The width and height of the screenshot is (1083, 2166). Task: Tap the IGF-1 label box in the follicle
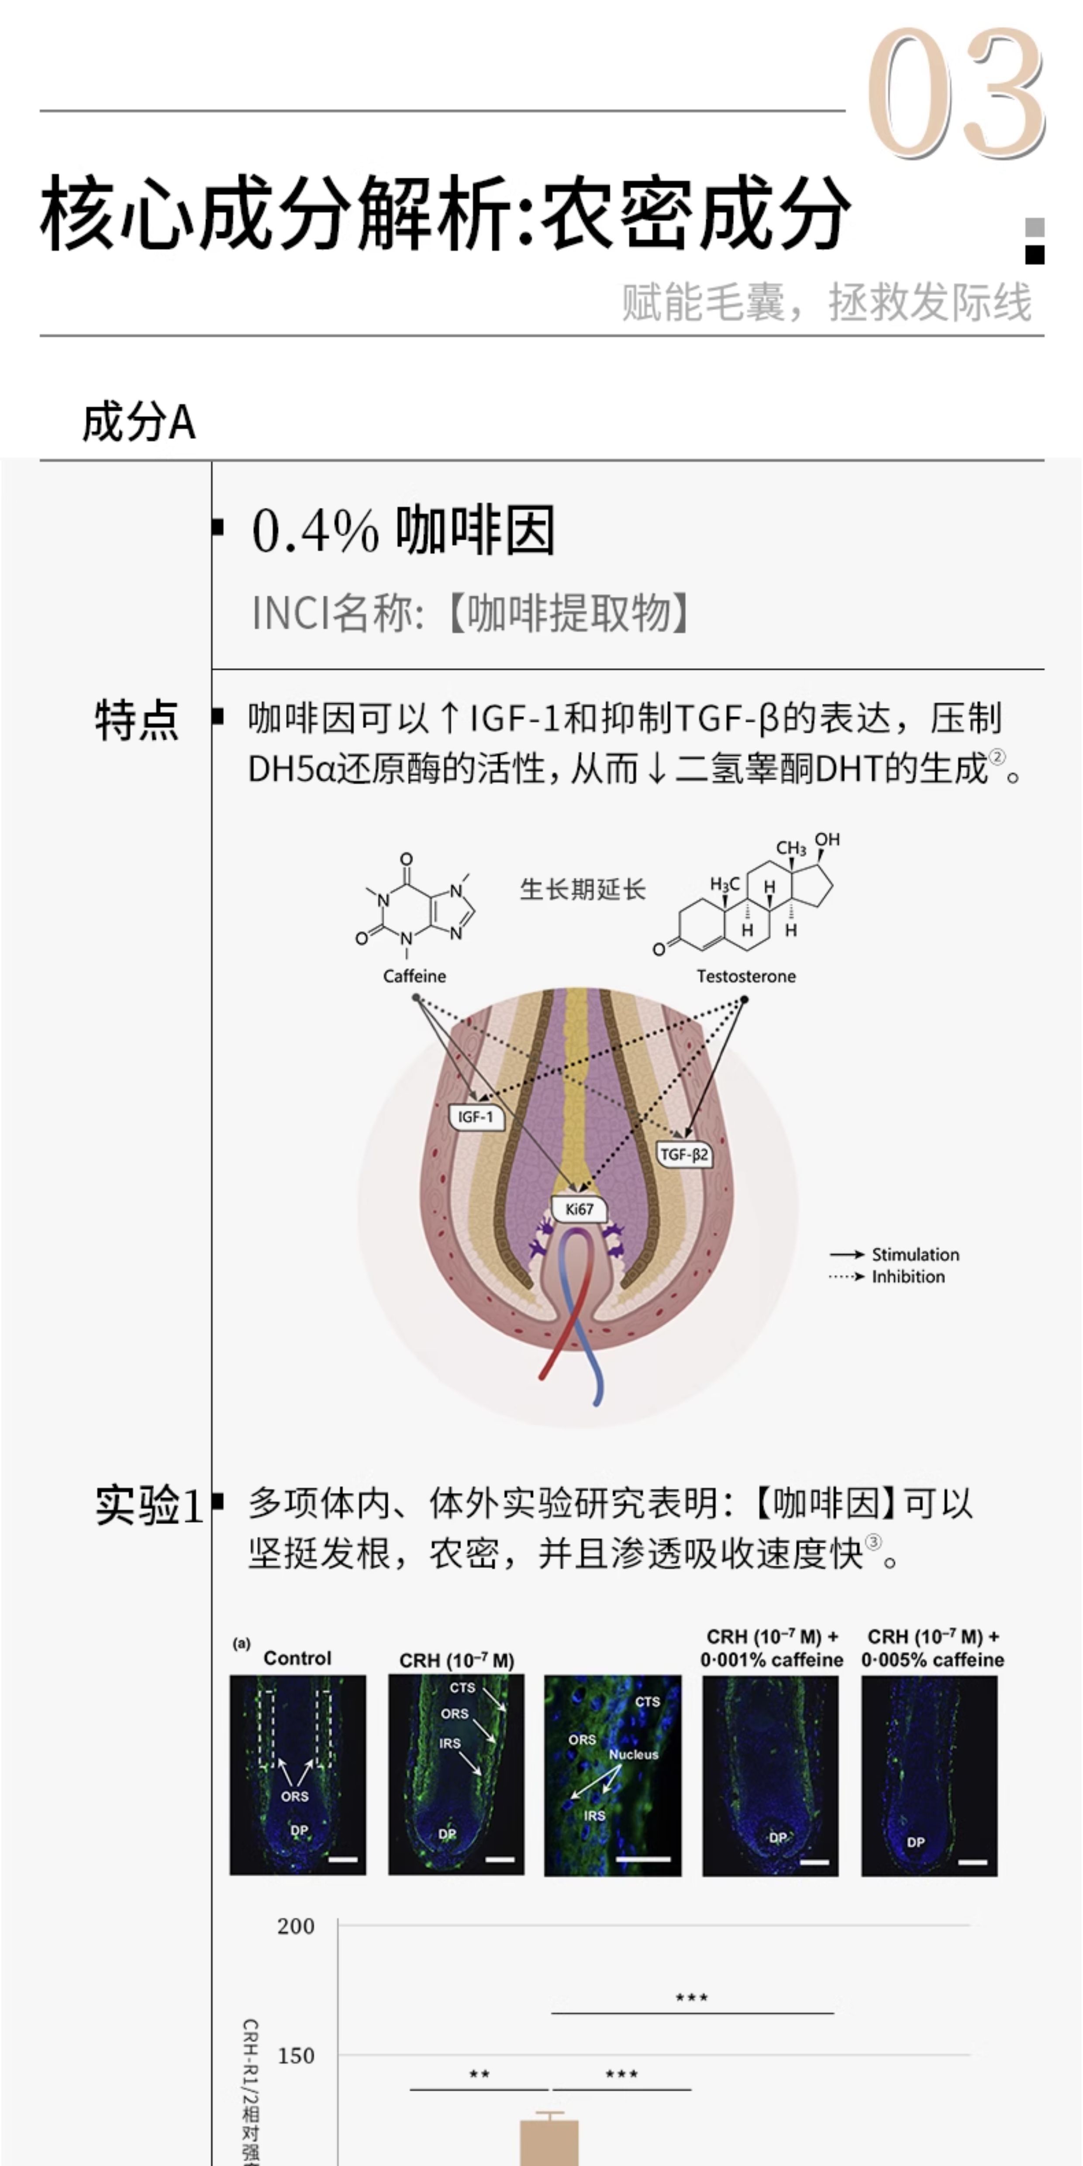click(x=476, y=1117)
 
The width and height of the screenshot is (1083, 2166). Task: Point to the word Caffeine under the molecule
click(x=414, y=976)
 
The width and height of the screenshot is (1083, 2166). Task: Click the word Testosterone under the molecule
click(x=746, y=976)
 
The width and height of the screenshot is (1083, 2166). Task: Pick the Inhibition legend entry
click(x=908, y=1276)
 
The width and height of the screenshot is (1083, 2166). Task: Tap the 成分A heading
click(x=139, y=422)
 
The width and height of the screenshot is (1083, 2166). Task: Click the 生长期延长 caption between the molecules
click(x=582, y=890)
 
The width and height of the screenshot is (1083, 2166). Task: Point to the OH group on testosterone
click(x=828, y=839)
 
